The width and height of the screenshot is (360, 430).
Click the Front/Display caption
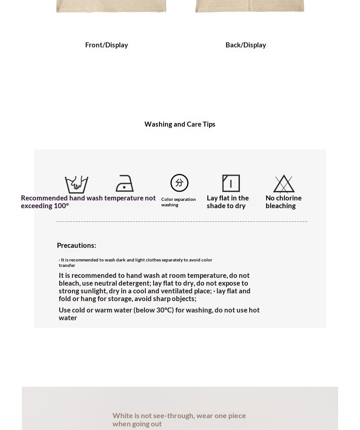tap(107, 45)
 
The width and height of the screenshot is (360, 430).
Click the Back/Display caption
tap(246, 45)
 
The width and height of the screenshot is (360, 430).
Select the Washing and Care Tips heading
tap(180, 124)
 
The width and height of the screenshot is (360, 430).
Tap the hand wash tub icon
tap(77, 184)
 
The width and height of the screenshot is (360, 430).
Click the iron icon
tap(124, 184)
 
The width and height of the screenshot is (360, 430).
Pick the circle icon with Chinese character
tap(179, 183)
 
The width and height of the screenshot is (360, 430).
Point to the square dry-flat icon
tap(231, 184)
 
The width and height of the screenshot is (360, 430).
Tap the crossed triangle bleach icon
tap(284, 184)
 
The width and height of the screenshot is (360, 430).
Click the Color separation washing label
tap(178, 202)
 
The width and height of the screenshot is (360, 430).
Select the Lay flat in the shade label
tap(228, 202)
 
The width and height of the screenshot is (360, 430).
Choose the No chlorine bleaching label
tap(283, 202)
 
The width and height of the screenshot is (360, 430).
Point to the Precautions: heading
tap(77, 246)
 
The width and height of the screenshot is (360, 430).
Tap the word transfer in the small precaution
tap(67, 266)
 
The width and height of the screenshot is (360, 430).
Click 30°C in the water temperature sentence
tap(165, 310)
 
